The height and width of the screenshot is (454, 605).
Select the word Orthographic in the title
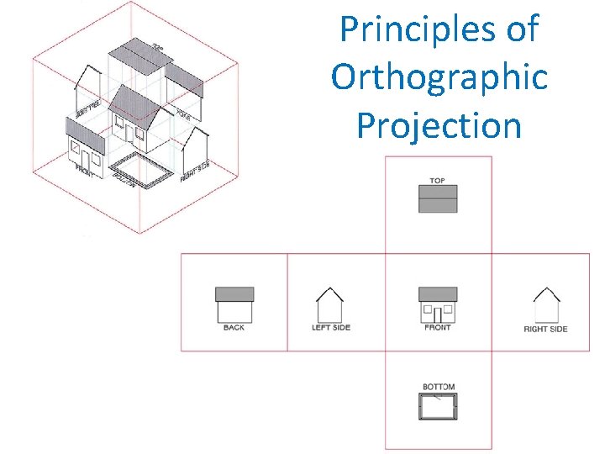tap(439, 77)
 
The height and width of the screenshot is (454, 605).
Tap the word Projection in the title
tap(439, 125)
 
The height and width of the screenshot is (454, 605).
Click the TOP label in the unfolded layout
tap(437, 181)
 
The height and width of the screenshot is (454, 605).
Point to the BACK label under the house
tap(234, 328)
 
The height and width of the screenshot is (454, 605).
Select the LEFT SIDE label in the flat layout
tap(330, 328)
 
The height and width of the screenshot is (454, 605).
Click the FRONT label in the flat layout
tap(437, 328)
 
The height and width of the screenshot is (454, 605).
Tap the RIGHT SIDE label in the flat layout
tap(545, 329)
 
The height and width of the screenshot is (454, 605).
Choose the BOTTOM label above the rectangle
tap(438, 388)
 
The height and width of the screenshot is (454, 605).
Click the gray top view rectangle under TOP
tap(438, 198)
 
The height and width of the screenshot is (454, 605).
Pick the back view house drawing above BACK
tap(234, 304)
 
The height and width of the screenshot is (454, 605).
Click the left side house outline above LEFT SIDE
tap(329, 305)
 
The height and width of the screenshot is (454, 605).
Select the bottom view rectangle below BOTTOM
tap(438, 406)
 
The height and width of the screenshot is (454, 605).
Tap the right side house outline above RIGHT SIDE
tap(546, 305)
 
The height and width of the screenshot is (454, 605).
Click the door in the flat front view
tap(438, 314)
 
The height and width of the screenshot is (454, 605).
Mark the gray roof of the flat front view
tap(438, 294)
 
